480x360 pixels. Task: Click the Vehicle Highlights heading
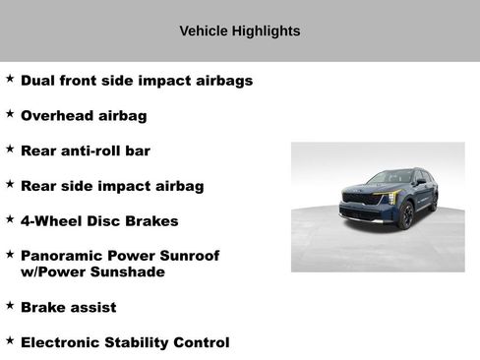click(240, 31)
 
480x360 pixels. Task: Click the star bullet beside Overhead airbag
click(10, 114)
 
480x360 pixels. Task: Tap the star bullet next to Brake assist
click(10, 306)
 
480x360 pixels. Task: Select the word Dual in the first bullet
click(38, 81)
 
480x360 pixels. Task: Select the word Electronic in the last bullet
click(65, 343)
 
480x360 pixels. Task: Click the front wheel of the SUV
click(404, 215)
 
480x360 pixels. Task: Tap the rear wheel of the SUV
click(434, 202)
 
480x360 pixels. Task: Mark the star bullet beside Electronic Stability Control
click(10, 341)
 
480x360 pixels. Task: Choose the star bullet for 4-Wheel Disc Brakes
click(10, 219)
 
